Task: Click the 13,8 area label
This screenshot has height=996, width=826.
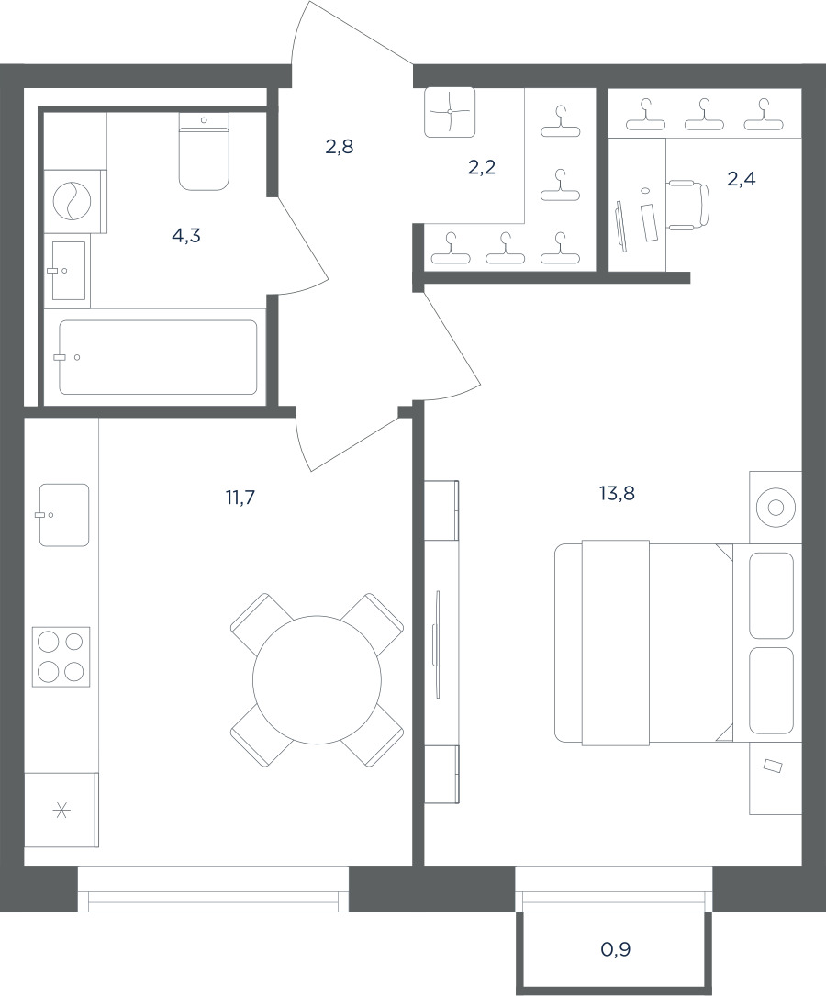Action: click(x=617, y=493)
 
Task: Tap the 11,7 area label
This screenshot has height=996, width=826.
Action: click(x=240, y=498)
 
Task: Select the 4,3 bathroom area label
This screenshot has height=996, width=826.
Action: click(x=186, y=236)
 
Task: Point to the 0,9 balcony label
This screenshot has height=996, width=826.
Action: click(x=615, y=949)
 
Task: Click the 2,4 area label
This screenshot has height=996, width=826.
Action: click(x=741, y=179)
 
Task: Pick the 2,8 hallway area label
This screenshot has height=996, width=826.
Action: click(x=339, y=147)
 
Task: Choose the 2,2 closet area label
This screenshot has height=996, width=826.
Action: click(x=481, y=167)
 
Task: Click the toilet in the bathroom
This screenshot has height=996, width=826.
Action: click(x=204, y=151)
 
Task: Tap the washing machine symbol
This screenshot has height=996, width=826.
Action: click(x=73, y=201)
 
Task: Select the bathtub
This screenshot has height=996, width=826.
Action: click(x=158, y=357)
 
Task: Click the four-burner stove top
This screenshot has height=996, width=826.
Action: click(x=61, y=655)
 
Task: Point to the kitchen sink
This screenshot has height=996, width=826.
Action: click(x=63, y=514)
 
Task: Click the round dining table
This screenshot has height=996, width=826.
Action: click(x=317, y=680)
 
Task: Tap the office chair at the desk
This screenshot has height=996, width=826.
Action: click(x=688, y=205)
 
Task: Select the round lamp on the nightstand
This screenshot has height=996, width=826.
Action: click(x=776, y=508)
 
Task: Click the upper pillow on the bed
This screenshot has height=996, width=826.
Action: click(x=771, y=595)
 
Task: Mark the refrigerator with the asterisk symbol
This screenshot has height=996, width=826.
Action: click(x=61, y=810)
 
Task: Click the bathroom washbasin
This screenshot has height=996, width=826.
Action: click(x=68, y=271)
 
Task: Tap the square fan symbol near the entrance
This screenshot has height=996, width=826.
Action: click(x=450, y=112)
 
